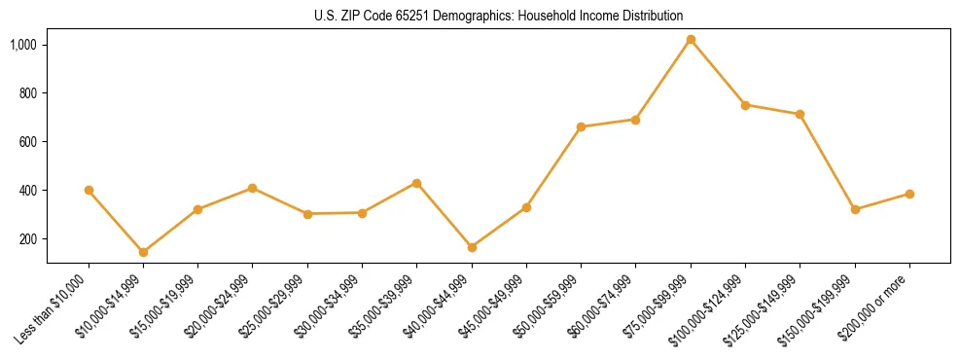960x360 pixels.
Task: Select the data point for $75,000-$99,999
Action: coord(691,40)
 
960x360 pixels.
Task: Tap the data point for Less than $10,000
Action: coord(89,191)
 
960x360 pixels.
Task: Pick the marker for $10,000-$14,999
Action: coord(143,252)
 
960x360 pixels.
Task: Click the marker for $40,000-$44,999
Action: coord(472,247)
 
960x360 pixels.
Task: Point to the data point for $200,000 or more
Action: coord(909,194)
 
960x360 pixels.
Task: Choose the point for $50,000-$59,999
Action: coord(581,126)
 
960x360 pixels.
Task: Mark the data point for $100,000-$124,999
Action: coord(745,105)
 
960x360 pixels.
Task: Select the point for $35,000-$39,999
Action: coord(417,183)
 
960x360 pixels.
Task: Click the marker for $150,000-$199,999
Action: coord(855,209)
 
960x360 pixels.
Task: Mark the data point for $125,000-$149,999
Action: coord(800,114)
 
